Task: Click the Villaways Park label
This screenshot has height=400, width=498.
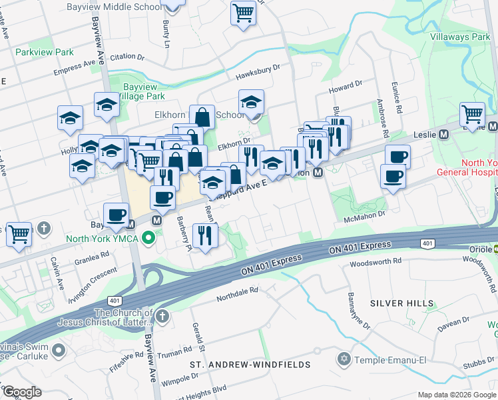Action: point(460,37)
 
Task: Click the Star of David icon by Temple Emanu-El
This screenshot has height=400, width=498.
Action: point(344,359)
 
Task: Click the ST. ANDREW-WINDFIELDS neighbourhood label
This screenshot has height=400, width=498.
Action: point(250,365)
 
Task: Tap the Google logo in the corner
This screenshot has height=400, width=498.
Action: point(22,391)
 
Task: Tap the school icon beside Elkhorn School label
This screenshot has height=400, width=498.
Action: point(252,102)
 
